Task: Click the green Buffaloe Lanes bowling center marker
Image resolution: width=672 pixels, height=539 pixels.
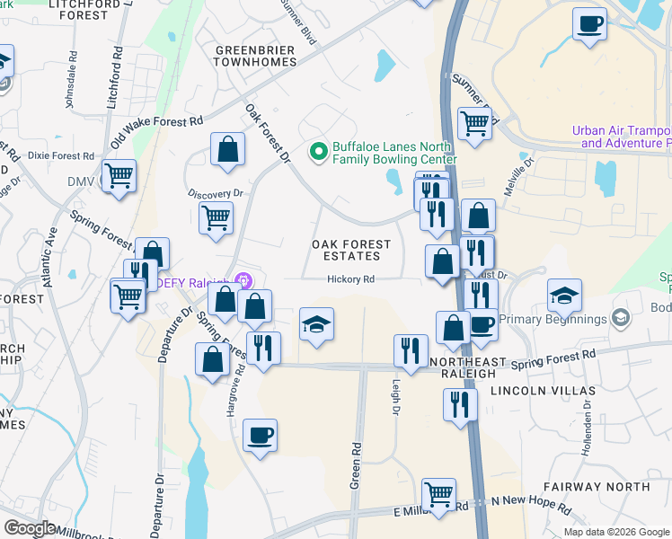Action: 317,152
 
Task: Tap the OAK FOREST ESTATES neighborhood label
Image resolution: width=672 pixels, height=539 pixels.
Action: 351,250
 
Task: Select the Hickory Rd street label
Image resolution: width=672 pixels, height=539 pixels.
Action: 350,279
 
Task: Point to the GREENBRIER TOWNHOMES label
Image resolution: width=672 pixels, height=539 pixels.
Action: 256,56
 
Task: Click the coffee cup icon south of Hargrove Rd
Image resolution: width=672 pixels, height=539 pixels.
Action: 260,437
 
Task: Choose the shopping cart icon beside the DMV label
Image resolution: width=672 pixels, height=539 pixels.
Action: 119,175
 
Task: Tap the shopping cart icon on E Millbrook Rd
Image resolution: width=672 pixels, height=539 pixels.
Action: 438,493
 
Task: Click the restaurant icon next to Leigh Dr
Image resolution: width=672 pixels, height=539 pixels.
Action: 411,350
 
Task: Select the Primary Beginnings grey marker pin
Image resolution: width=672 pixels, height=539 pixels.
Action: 620,319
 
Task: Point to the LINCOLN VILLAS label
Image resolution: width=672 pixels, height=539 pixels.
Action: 543,392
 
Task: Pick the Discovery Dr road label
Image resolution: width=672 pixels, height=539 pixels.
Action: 216,193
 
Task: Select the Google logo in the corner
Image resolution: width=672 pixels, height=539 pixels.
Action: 30,528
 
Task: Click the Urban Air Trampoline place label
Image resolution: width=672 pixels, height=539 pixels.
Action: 621,137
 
